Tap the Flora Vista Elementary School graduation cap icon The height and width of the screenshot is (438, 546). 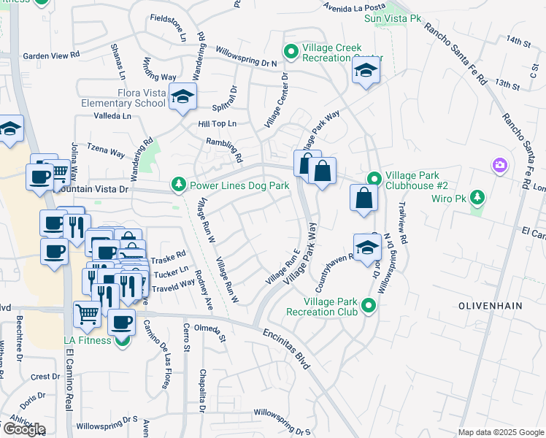coord(182,96)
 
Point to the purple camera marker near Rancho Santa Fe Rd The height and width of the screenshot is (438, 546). coord(499,166)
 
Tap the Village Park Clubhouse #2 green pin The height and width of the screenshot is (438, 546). coord(374,179)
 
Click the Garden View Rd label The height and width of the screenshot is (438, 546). coord(51,55)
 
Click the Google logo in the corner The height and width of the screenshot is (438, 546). coord(24,429)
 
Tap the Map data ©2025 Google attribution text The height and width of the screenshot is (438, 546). coord(500,432)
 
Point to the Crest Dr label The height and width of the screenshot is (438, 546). coord(45,377)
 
